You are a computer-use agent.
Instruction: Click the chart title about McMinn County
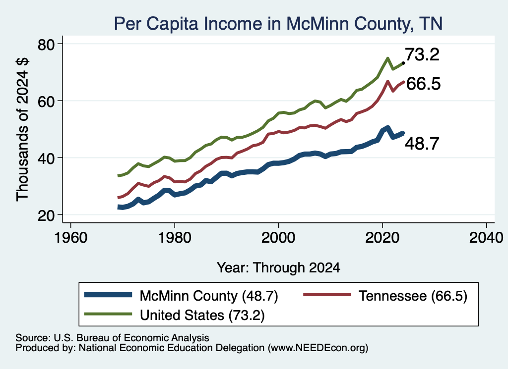(x=278, y=24)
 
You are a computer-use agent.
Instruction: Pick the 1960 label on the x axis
(x=70, y=238)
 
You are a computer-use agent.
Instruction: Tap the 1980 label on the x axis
(x=175, y=238)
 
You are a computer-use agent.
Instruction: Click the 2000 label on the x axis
(x=278, y=238)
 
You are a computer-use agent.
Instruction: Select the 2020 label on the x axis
(x=382, y=238)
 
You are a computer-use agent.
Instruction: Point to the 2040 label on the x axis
(x=486, y=238)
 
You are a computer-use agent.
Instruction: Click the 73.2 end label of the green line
(x=422, y=54)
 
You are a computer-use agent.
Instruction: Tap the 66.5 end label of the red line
(x=423, y=84)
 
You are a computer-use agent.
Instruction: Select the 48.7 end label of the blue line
(x=422, y=143)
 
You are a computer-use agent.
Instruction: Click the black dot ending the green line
(x=403, y=63)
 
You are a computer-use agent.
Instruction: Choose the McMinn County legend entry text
(x=209, y=296)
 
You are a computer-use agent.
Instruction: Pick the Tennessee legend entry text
(x=413, y=296)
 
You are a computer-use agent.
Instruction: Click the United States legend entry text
(x=202, y=315)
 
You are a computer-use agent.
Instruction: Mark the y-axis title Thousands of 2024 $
(x=22, y=129)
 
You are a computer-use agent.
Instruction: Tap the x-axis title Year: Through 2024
(x=278, y=268)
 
